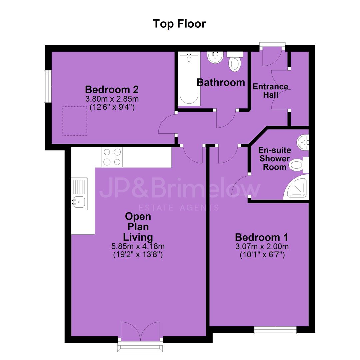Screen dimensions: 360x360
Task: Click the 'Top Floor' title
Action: click(179, 24)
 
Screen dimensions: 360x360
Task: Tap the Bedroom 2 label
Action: click(112, 90)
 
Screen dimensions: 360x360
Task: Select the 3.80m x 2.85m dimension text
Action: click(112, 99)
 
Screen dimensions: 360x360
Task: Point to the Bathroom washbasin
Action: click(215, 57)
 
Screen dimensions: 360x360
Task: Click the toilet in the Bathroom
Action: click(235, 61)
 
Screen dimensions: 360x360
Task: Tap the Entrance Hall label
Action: click(270, 91)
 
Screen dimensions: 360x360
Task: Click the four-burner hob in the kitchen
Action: click(112, 157)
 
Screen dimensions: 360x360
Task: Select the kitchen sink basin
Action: click(79, 202)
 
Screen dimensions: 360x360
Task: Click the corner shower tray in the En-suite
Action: click(297, 187)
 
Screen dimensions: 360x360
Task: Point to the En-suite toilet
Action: click(298, 165)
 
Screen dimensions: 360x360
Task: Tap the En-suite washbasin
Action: click(303, 143)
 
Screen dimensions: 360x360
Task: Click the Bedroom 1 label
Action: click(262, 237)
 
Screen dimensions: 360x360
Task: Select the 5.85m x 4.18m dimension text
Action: click(138, 247)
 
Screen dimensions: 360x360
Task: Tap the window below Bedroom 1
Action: click(275, 330)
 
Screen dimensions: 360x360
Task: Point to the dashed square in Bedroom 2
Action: click(75, 121)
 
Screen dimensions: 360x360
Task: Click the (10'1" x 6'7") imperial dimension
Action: click(262, 255)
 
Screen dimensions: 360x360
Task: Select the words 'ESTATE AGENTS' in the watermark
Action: click(179, 208)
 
